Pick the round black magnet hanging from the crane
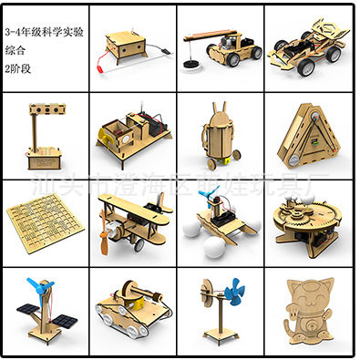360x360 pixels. (191, 64)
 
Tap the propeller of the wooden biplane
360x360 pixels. (103, 242)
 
